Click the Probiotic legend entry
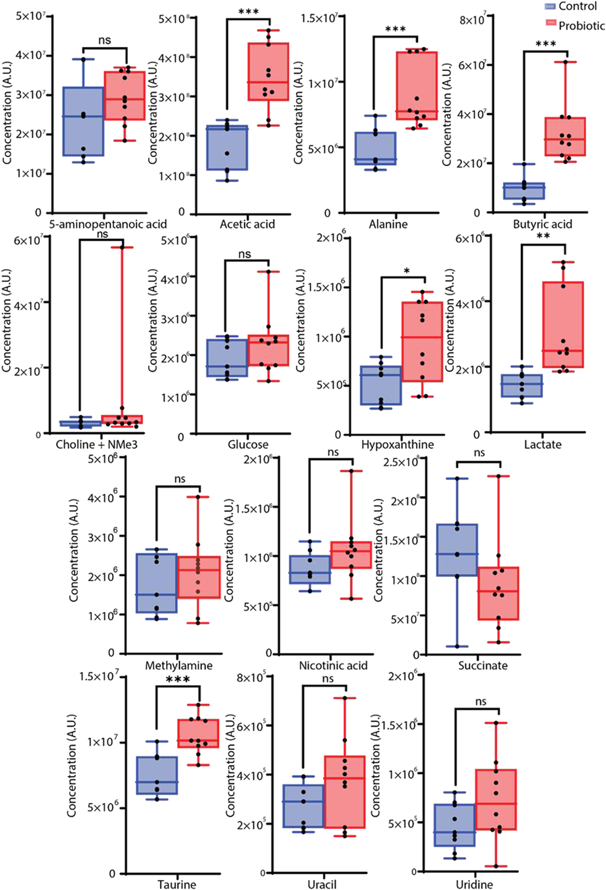point(581,25)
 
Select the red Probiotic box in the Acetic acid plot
point(268,72)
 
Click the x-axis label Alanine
point(388,224)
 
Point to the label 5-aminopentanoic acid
point(108,224)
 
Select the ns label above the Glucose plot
point(244,254)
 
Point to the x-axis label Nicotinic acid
point(333,666)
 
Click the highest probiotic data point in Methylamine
point(198,497)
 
